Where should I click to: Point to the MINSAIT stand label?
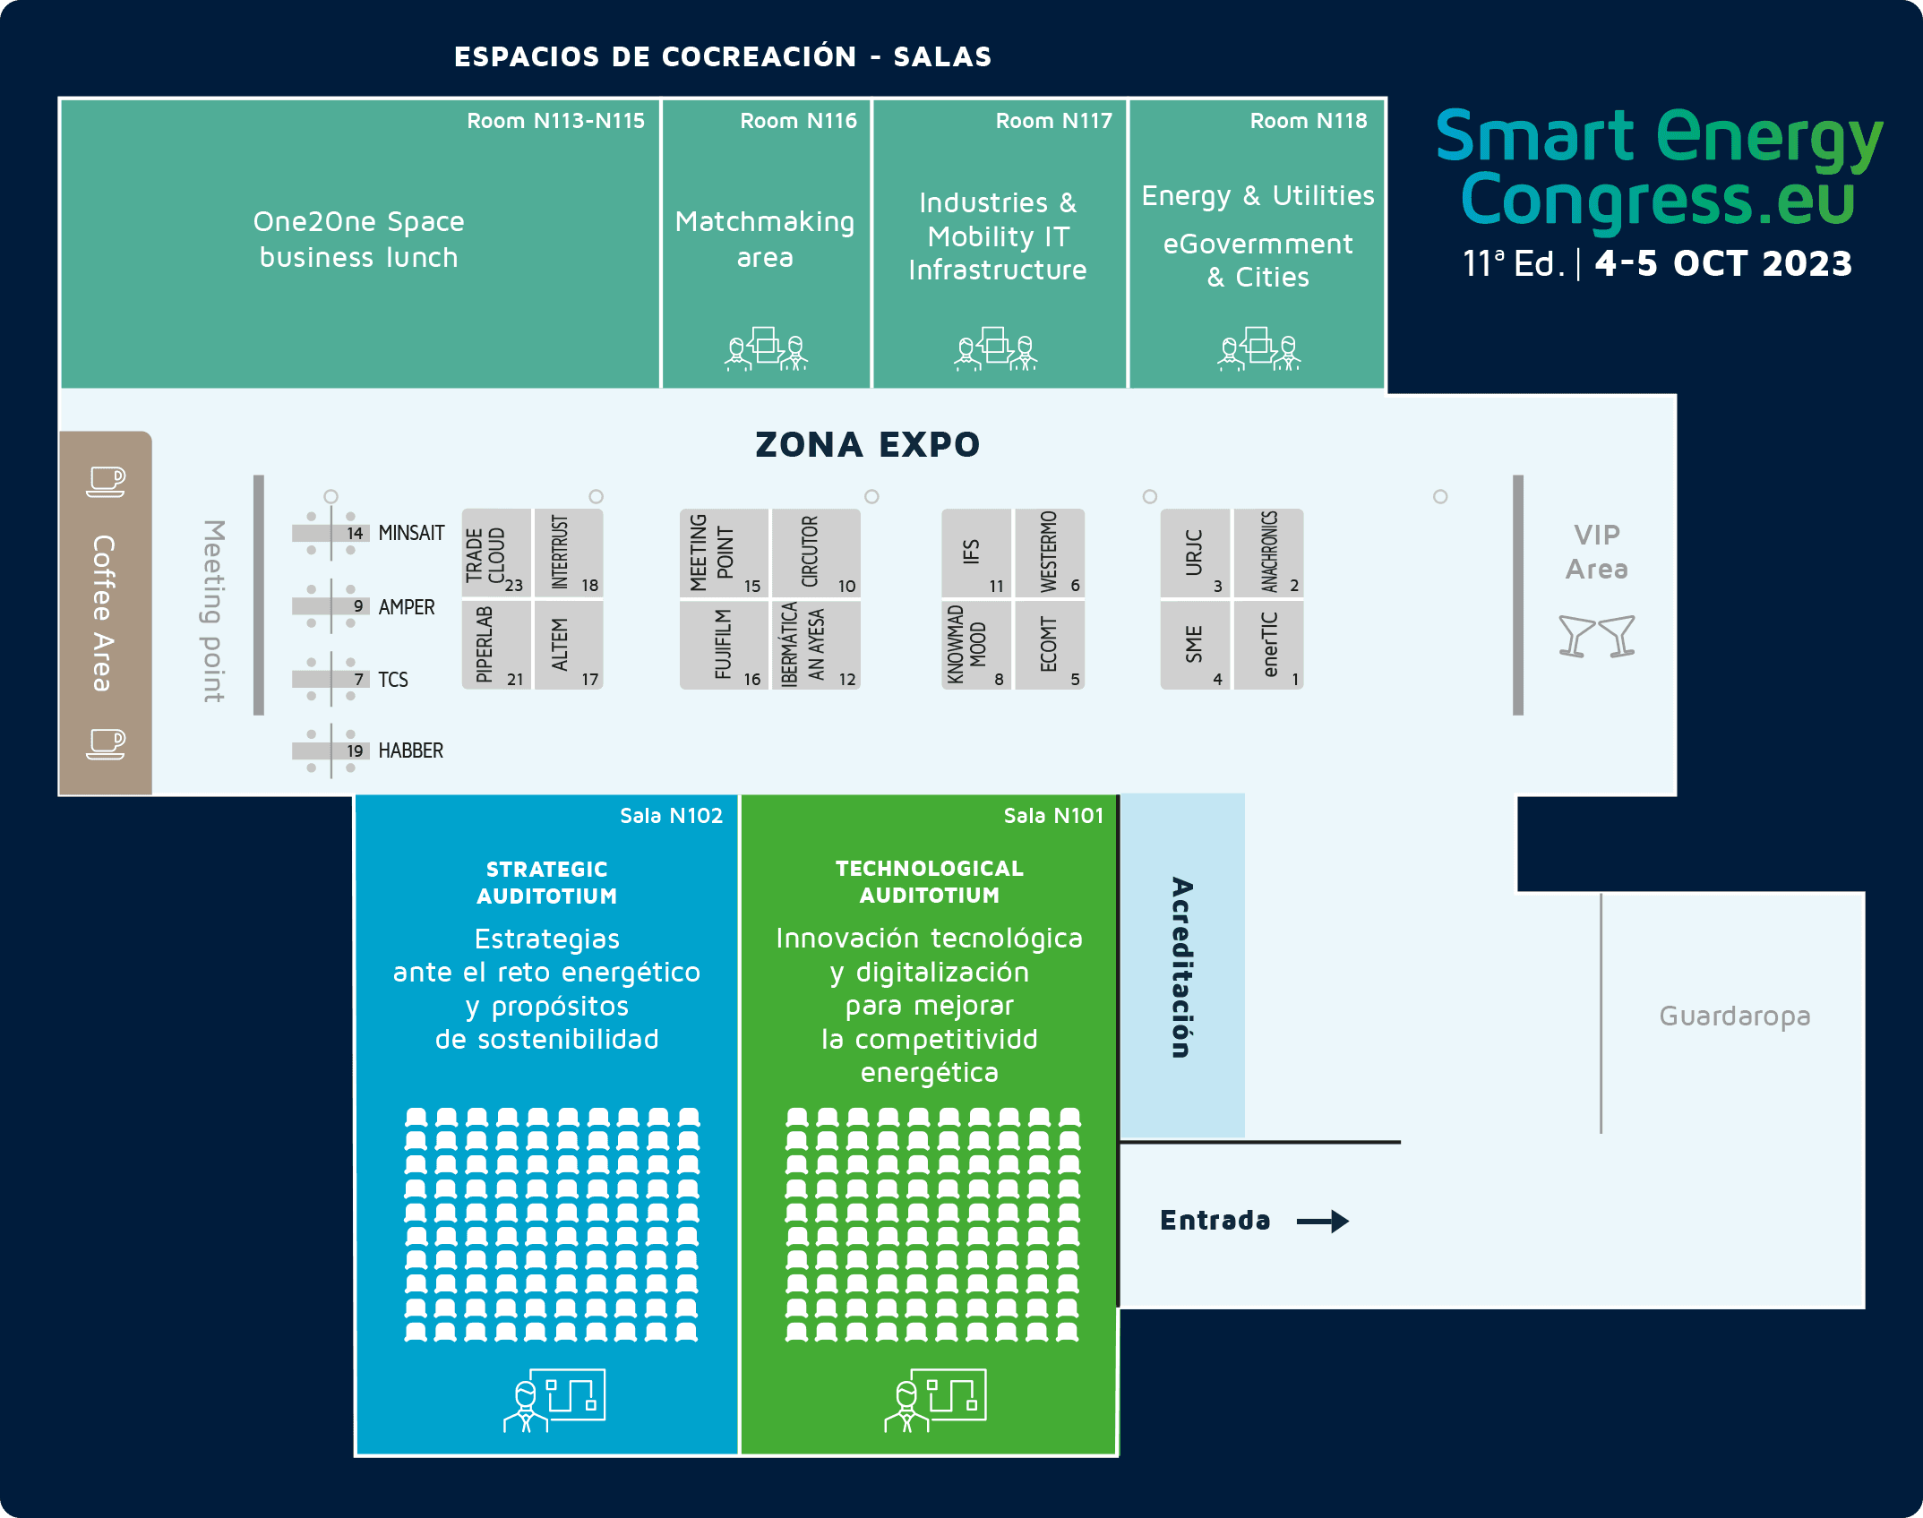[411, 533]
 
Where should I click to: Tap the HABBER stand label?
[410, 750]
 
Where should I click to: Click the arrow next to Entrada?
[1322, 1221]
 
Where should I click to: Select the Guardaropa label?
[1734, 1016]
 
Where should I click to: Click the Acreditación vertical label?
[1181, 967]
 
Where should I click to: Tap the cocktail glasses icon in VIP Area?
[1596, 637]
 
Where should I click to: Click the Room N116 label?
[798, 121]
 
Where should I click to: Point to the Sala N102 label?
[671, 816]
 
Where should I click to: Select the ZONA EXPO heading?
[867, 444]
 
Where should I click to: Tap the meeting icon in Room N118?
[1258, 348]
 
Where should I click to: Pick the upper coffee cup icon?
[106, 481]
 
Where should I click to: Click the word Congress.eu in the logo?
[1657, 199]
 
